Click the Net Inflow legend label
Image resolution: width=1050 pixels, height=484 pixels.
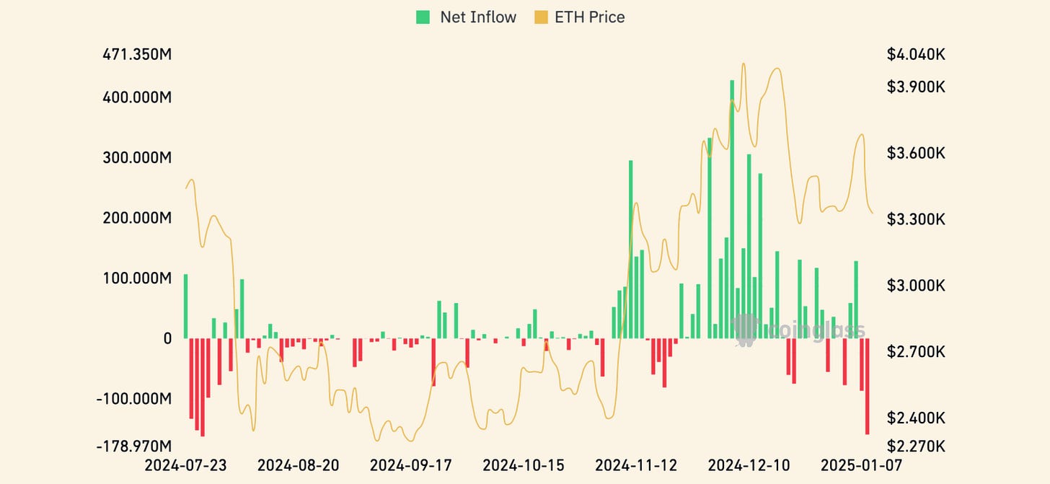478,17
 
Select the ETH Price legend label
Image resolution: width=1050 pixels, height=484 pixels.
589,17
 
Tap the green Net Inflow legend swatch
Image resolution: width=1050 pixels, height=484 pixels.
423,17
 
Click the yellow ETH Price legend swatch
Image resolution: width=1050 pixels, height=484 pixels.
540,17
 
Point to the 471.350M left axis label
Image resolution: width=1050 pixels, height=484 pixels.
137,55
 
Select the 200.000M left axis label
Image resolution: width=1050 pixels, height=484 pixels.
137,218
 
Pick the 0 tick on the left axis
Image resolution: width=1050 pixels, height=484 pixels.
167,338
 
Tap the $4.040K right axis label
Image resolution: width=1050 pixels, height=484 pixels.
916,55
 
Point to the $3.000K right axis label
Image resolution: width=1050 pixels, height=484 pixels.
916,286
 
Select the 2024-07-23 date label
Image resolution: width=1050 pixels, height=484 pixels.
185,465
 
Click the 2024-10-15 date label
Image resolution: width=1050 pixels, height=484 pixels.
524,465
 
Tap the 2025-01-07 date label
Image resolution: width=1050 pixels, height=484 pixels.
861,465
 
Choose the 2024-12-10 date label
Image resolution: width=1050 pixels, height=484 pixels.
749,465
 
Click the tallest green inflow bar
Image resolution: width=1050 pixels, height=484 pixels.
732,209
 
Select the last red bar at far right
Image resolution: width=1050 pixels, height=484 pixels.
867,386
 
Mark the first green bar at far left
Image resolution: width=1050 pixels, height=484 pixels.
185,306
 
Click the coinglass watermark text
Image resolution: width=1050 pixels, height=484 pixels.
815,330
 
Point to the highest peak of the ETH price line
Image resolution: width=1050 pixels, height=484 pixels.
744,64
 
